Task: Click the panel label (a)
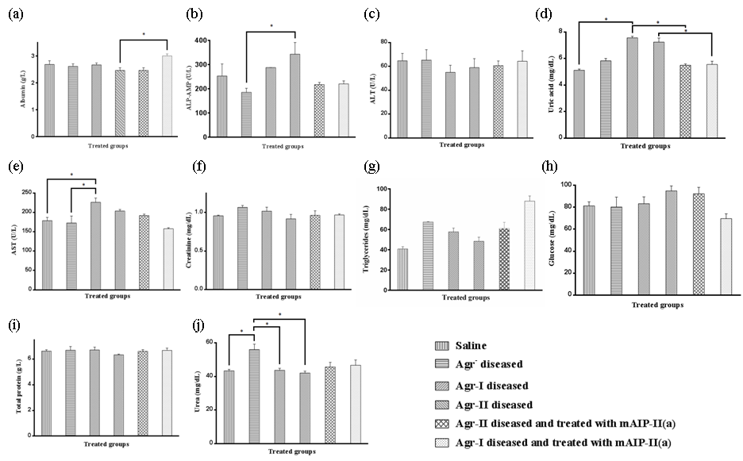click(x=13, y=14)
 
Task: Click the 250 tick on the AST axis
click(x=28, y=193)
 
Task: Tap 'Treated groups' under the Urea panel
click(x=293, y=451)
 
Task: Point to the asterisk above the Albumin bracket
click(x=144, y=34)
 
